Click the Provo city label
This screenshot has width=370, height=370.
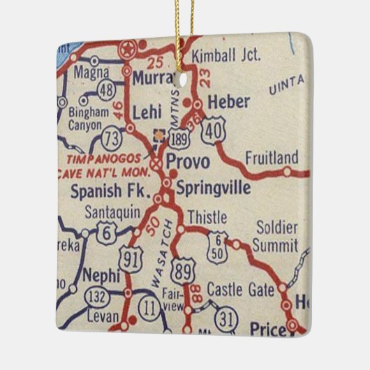pos(188,162)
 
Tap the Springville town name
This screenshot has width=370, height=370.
pos(207,186)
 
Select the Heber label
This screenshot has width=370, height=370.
pos(228,102)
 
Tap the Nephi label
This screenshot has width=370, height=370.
pos(102,274)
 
